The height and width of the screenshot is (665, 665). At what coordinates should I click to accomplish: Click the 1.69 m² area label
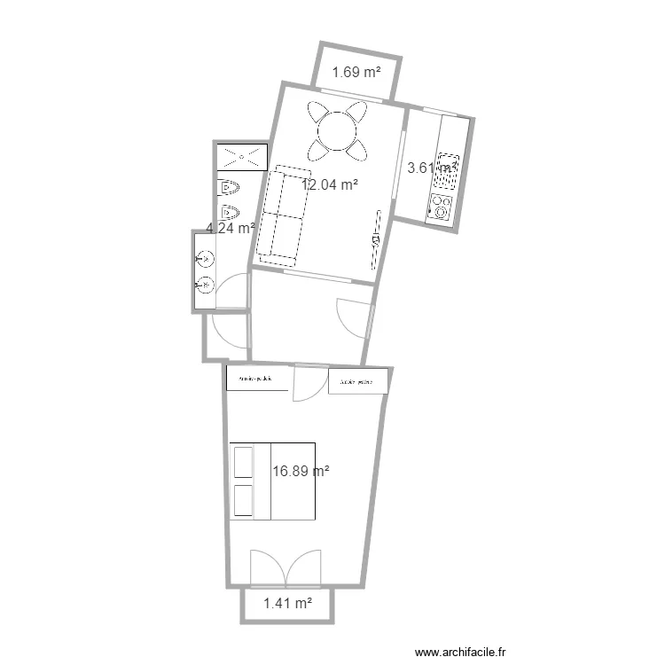356,74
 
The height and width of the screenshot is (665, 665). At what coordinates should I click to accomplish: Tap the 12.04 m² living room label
330,185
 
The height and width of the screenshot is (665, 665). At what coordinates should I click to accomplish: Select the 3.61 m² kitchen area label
431,167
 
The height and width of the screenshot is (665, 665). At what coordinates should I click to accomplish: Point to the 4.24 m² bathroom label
231,228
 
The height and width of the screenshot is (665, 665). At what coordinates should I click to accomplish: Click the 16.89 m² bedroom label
301,473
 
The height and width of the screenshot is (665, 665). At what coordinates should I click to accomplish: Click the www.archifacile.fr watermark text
463,652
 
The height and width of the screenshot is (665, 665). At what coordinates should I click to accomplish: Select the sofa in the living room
282,215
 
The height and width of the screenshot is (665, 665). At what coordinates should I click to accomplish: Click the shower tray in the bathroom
241,157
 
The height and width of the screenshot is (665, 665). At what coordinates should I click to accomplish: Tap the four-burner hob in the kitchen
441,207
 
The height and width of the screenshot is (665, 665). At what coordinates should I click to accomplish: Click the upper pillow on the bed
242,463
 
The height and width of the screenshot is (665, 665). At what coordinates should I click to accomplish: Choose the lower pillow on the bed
242,500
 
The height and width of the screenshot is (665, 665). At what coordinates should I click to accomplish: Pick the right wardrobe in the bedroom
358,381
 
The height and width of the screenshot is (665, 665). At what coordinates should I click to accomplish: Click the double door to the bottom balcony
286,567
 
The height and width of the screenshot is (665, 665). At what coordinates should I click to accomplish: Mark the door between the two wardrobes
309,381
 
